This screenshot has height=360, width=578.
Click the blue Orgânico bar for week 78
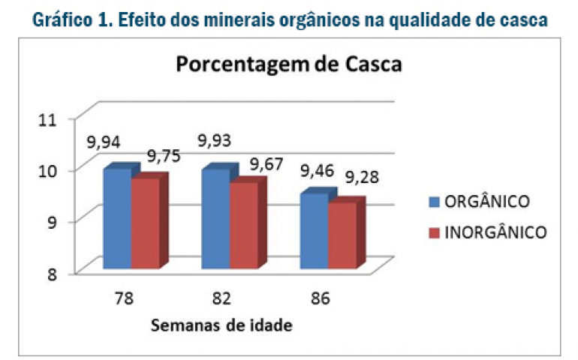[x=117, y=219]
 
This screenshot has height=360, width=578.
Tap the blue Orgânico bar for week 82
[x=215, y=219]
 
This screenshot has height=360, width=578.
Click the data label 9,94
[x=104, y=142]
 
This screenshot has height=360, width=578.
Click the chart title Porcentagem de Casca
[x=289, y=64]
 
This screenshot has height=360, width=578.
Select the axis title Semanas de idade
[x=221, y=325]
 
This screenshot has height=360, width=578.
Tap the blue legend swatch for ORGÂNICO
[x=434, y=202]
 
